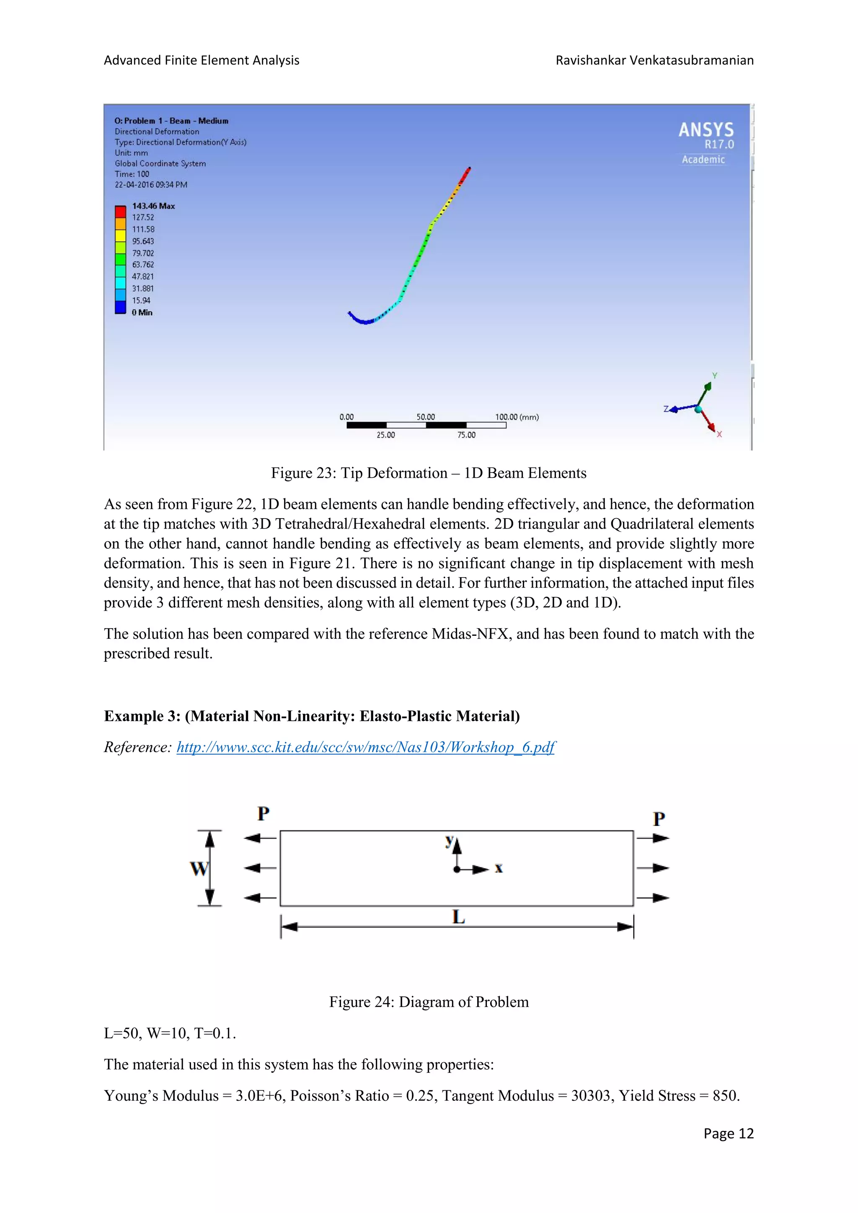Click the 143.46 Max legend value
click(153, 206)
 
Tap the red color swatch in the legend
click(121, 212)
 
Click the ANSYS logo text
click(706, 130)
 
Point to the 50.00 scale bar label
click(425, 417)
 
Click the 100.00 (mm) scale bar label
click(517, 417)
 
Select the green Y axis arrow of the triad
click(706, 392)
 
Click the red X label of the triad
click(719, 434)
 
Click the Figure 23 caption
click(429, 473)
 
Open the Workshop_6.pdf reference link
click(366, 747)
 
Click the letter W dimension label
click(199, 868)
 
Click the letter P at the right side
click(658, 819)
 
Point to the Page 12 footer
click(728, 1134)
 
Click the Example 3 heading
click(312, 716)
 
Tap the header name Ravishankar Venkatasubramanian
click(654, 60)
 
